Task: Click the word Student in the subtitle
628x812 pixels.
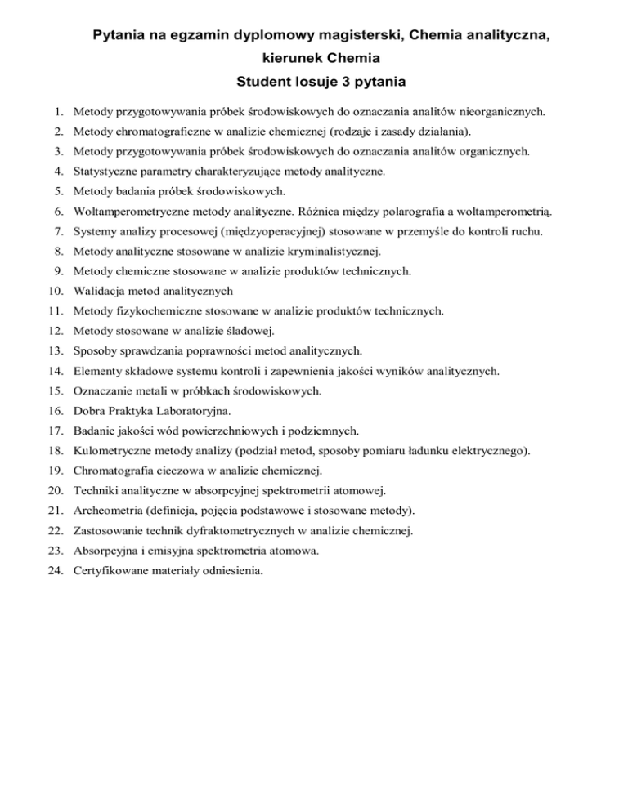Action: (x=264, y=83)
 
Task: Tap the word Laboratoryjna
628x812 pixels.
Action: (x=195, y=410)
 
